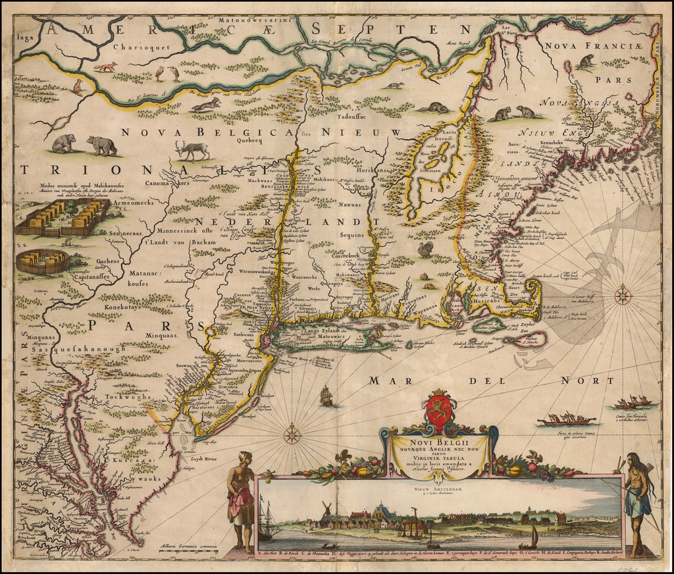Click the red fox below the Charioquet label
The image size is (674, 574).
106,66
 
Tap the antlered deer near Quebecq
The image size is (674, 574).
192,149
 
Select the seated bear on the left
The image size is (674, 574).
64,143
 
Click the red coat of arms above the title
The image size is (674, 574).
440,409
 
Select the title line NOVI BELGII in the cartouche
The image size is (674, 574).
438,442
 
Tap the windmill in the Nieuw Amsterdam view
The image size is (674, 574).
325,509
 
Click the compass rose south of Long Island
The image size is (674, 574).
292,434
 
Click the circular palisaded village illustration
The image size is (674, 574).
43,261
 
